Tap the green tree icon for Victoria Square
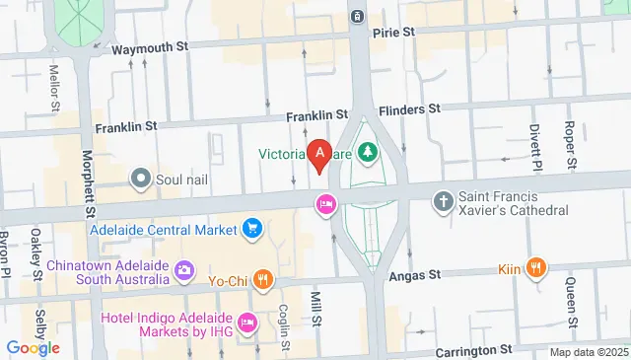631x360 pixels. pyautogui.click(x=367, y=153)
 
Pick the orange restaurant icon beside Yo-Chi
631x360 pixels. pyautogui.click(x=262, y=279)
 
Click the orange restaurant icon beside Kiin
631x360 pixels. pyautogui.click(x=536, y=266)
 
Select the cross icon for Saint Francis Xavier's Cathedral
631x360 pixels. pyautogui.click(x=444, y=201)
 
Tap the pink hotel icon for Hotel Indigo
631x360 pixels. pyautogui.click(x=246, y=322)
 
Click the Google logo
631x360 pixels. pyautogui.click(x=33, y=347)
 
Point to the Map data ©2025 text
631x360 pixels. pyautogui.click(x=589, y=352)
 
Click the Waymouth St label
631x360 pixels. pyautogui.click(x=150, y=47)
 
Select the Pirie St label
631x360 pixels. pyautogui.click(x=393, y=32)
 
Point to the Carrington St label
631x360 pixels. pyautogui.click(x=472, y=349)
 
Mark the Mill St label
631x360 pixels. pyautogui.click(x=316, y=307)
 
